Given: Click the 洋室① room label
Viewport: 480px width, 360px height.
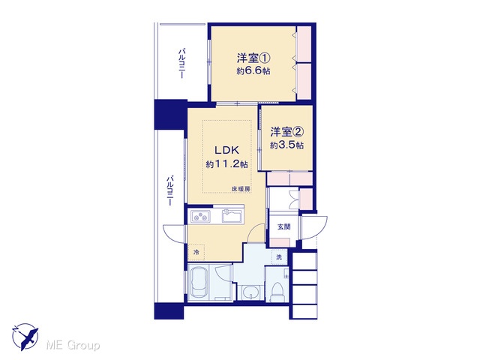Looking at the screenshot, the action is [x=253, y=58].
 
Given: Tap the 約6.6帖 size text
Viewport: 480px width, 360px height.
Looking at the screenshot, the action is [x=253, y=71].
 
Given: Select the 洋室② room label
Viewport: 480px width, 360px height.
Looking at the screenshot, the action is [x=286, y=132].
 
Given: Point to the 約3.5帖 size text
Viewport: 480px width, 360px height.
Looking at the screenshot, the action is [x=286, y=145].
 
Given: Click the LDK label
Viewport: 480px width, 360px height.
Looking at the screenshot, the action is [x=226, y=150].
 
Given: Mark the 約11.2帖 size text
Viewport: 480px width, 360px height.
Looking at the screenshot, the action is [x=226, y=164].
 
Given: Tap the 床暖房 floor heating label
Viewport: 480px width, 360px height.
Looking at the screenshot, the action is [x=241, y=189].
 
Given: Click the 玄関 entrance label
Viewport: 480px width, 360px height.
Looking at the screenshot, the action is [x=283, y=226].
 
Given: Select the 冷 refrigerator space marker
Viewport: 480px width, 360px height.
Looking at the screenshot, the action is [x=196, y=252].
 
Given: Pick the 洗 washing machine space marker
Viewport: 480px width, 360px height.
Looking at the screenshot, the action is [x=279, y=257].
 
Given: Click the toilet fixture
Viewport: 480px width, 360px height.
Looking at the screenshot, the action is [x=277, y=290].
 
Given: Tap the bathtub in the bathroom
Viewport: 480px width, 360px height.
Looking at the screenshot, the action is [x=199, y=283].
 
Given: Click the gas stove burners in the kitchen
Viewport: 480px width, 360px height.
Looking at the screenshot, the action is [x=201, y=216].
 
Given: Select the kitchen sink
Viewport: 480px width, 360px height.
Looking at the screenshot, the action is [x=232, y=216].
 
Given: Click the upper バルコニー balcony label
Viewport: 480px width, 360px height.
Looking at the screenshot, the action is [x=181, y=63].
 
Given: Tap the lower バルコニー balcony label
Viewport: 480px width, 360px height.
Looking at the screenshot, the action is [x=170, y=190].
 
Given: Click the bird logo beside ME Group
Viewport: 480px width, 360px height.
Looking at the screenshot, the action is [x=25, y=337].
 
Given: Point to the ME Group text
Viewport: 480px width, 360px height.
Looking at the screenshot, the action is [x=73, y=345].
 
